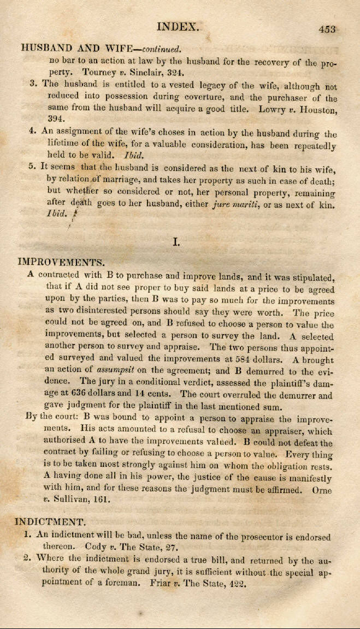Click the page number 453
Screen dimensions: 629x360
pyautogui.click(x=327, y=29)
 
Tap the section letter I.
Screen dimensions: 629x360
pyautogui.click(x=176, y=240)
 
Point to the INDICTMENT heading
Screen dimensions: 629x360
pyautogui.click(x=51, y=521)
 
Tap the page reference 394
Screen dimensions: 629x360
pyautogui.click(x=56, y=118)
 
